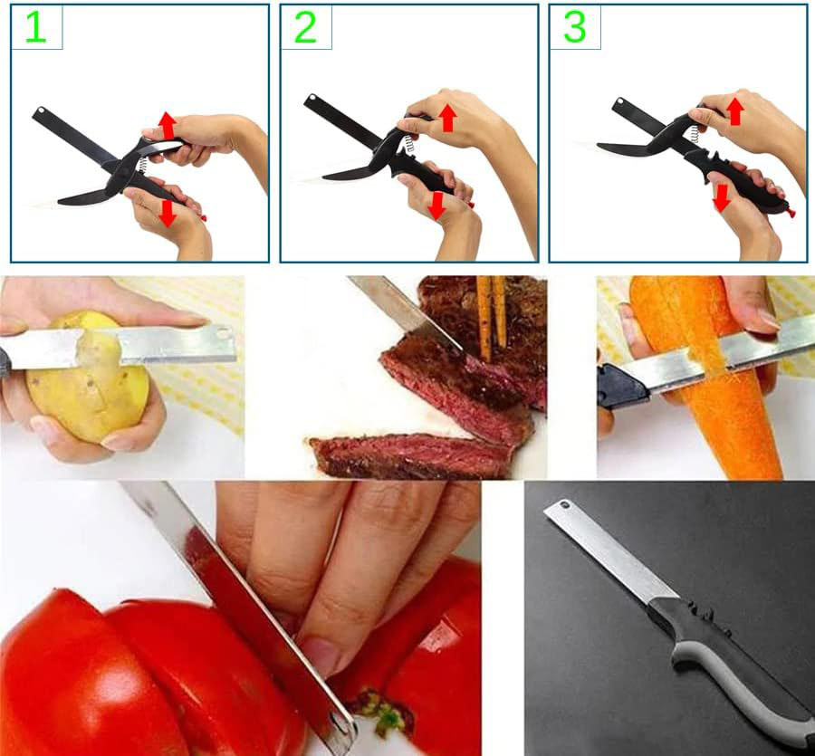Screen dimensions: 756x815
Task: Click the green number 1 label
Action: click(x=34, y=28)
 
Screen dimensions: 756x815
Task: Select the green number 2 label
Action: click(x=305, y=28)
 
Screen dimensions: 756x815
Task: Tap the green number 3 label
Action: click(x=575, y=28)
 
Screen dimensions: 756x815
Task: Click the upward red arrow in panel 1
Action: click(x=167, y=125)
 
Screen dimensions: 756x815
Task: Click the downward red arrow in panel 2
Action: click(x=436, y=206)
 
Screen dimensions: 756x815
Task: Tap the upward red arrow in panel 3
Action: click(x=735, y=110)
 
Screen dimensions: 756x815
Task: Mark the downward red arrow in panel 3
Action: click(x=722, y=197)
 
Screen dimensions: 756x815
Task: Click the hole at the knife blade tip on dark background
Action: click(x=562, y=506)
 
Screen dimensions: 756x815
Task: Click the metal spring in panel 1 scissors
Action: click(x=143, y=165)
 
